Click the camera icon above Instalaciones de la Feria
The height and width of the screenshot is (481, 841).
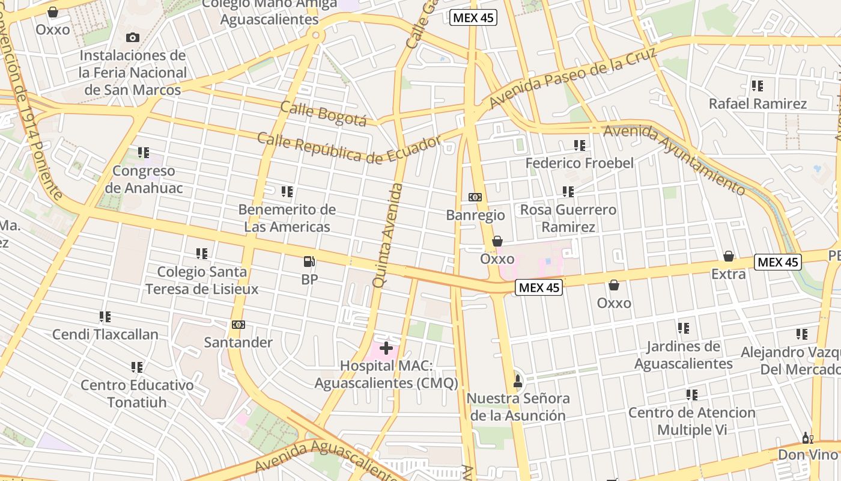coord(133,37)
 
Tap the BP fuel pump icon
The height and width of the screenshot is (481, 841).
coord(309,262)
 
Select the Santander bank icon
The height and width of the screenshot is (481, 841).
coord(238,325)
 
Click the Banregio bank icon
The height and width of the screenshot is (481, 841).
coord(475,197)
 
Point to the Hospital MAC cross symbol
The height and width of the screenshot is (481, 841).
coord(386,348)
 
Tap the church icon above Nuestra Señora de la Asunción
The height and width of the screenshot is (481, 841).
coord(517,380)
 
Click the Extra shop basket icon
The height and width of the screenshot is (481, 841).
coord(728,257)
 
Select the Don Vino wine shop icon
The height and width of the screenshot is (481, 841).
coord(807,438)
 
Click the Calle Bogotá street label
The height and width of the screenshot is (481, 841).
coord(323,114)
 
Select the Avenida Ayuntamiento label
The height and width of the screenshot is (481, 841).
coord(675,158)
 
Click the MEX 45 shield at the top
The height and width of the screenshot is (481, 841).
coord(473,17)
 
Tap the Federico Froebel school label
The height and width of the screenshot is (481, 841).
coord(580,163)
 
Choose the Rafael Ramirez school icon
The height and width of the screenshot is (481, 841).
coord(757,86)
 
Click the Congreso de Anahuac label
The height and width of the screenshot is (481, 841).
coord(144,179)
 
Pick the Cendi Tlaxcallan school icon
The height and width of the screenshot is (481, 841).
coord(105,316)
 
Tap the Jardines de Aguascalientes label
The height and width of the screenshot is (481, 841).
coord(683,355)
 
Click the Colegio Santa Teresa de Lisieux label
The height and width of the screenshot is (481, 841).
coord(202,280)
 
